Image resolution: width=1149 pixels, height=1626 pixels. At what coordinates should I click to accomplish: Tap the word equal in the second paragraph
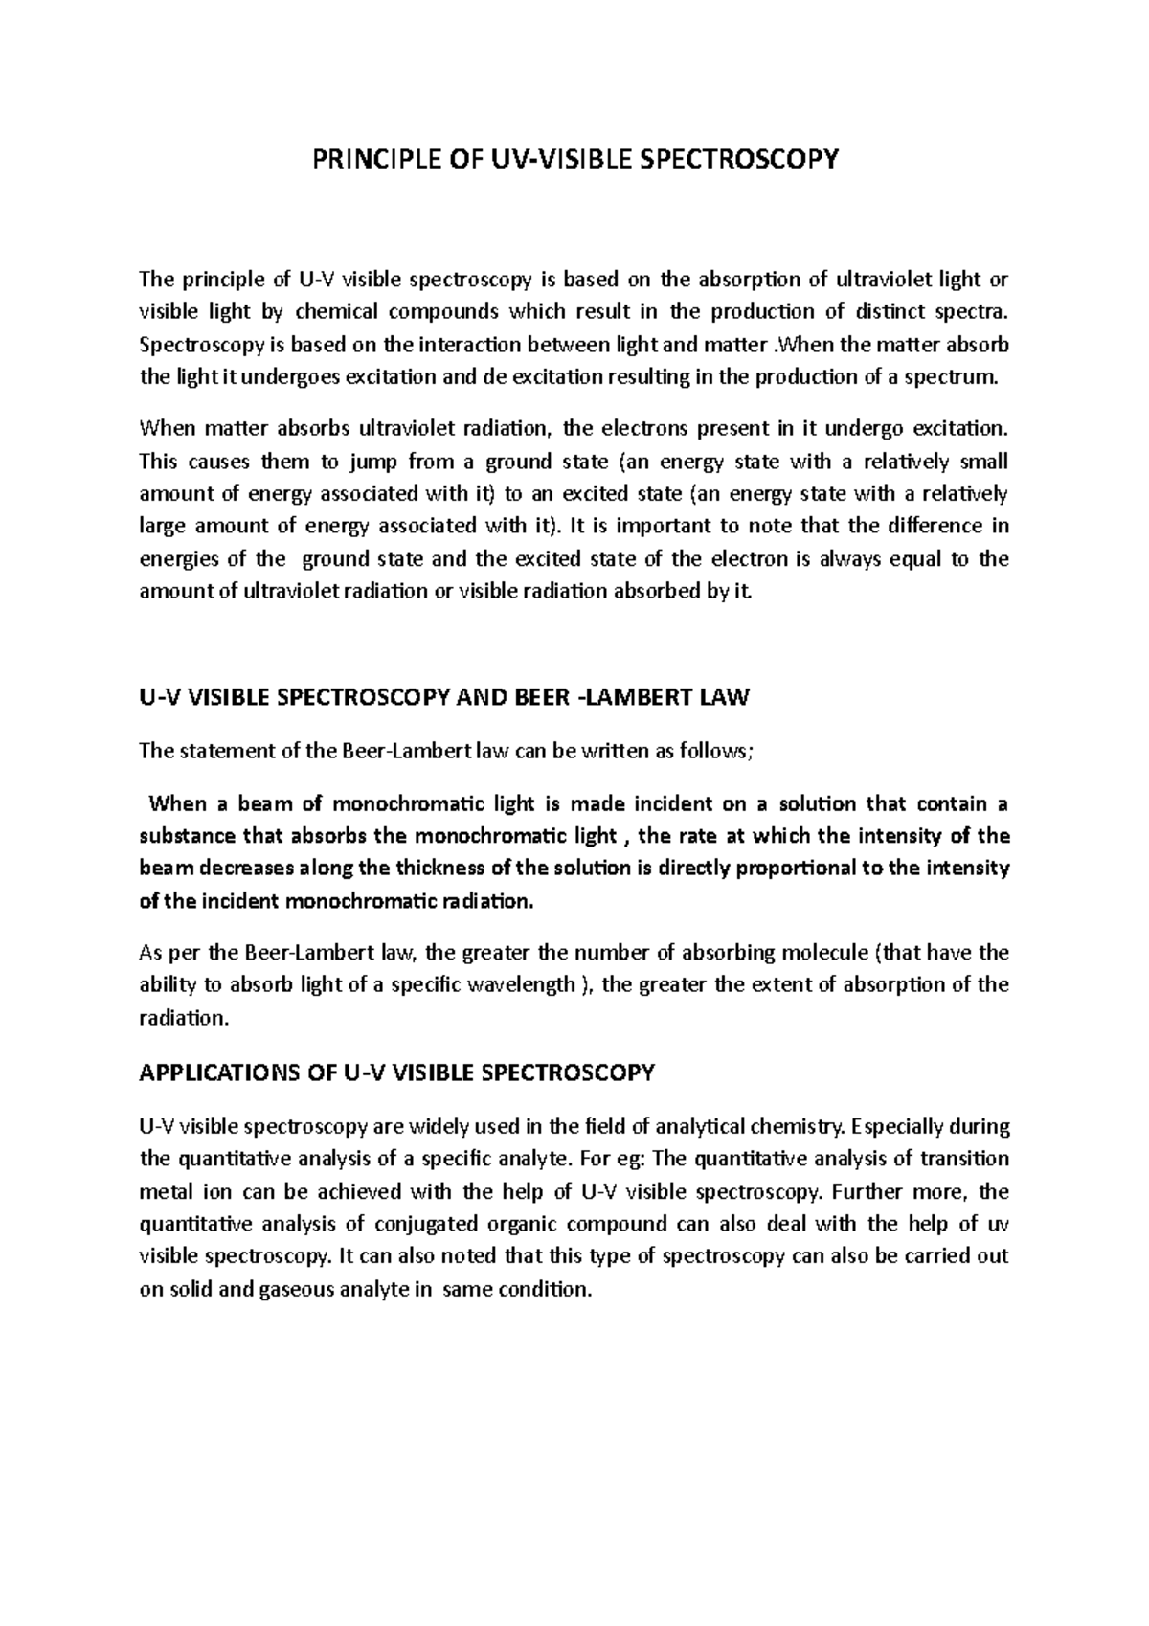[x=916, y=558]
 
